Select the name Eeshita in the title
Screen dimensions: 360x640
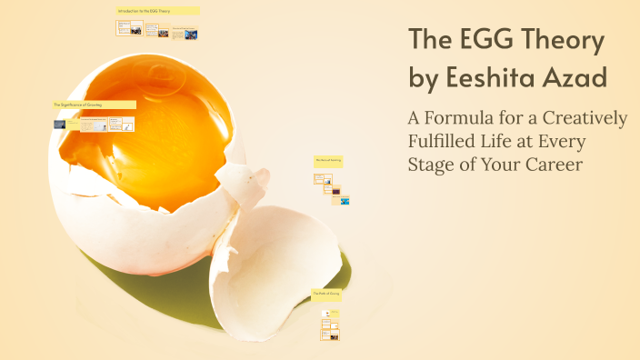(x=495, y=79)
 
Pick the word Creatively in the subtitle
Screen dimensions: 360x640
(x=581, y=119)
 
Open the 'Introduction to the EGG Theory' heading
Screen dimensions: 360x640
(x=156, y=11)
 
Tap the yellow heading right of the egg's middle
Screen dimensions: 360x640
(x=328, y=160)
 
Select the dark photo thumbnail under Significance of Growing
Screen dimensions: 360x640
(x=60, y=124)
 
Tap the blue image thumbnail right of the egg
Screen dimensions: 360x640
(x=345, y=200)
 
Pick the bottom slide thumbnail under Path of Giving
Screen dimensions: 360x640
(x=328, y=335)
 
